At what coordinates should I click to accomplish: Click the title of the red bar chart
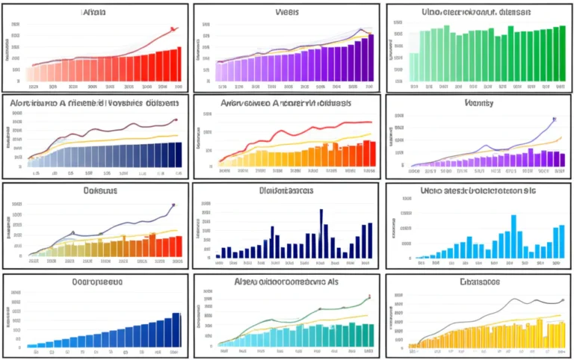point(93,12)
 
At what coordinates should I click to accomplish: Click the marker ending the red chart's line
point(173,29)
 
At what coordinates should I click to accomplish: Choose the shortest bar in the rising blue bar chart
point(31,346)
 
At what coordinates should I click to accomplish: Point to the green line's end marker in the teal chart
point(368,297)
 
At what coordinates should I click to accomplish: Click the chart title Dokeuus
point(93,191)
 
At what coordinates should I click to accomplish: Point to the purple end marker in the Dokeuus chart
point(173,204)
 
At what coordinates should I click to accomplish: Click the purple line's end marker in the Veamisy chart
point(554,118)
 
